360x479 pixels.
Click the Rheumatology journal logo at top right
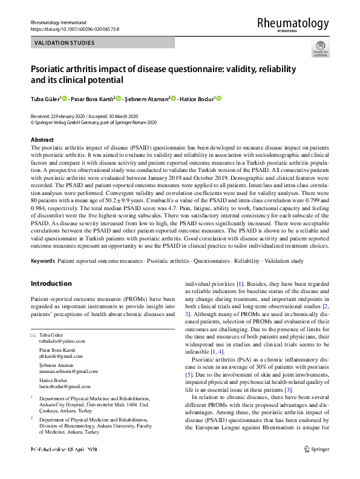point(293,24)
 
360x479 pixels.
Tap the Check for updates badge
point(320,49)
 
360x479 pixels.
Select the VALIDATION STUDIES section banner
point(64,43)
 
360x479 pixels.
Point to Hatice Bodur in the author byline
point(197,99)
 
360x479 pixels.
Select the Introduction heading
point(51,283)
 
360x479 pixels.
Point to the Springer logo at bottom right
point(316,466)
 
